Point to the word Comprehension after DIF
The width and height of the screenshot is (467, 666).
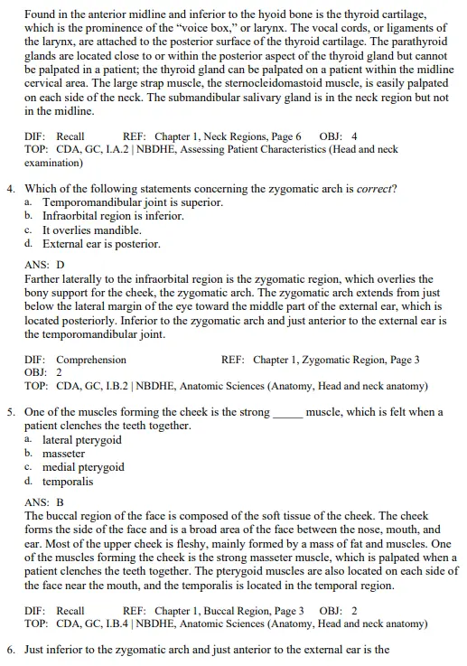coord(91,360)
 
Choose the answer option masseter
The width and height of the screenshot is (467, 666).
coord(63,454)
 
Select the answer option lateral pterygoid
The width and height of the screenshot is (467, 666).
coord(82,440)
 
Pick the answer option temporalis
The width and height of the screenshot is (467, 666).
coord(68,482)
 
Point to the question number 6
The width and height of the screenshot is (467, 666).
coord(10,650)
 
